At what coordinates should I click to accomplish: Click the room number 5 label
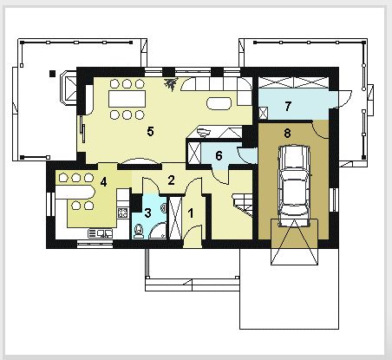150,131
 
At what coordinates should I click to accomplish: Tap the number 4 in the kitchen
103,182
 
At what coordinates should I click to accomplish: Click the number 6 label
219,155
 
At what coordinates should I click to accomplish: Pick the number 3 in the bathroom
147,211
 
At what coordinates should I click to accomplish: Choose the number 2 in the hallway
172,180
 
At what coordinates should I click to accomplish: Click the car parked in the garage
294,184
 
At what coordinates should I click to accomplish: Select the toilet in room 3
139,230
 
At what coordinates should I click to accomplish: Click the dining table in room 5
127,99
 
